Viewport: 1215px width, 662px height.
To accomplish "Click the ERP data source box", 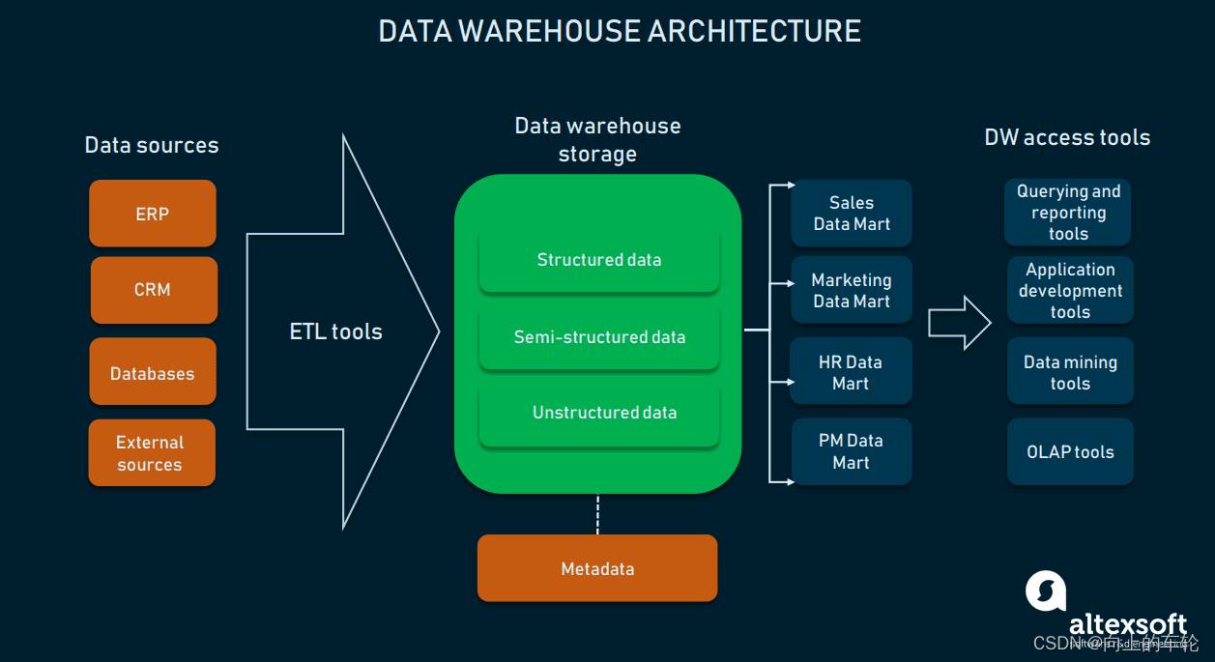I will pyautogui.click(x=152, y=214).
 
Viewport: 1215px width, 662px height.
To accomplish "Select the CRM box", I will pyautogui.click(x=152, y=289).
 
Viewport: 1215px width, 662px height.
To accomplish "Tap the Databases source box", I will pyautogui.click(x=152, y=372).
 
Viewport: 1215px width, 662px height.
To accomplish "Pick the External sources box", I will pyautogui.click(x=151, y=452).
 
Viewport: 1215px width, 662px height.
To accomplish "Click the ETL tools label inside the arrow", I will pyautogui.click(x=335, y=331).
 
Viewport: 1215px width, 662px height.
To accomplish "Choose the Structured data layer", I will pyautogui.click(x=599, y=260).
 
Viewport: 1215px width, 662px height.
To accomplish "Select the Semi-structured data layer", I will pyautogui.click(x=599, y=337).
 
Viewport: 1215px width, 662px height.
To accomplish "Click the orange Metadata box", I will pyautogui.click(x=597, y=568).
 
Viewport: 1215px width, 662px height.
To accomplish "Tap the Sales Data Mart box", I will pyautogui.click(x=852, y=213).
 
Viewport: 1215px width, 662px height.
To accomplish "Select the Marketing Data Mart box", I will pyautogui.click(x=852, y=290).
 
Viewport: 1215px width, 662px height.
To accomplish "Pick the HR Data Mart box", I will pyautogui.click(x=851, y=371).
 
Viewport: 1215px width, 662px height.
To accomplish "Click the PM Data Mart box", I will pyautogui.click(x=851, y=450).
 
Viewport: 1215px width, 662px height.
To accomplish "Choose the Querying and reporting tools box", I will pyautogui.click(x=1068, y=213).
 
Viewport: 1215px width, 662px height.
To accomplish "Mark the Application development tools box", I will pyautogui.click(x=1070, y=290).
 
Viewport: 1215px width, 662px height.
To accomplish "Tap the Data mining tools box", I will pyautogui.click(x=1070, y=372).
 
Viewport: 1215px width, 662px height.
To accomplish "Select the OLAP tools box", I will pyautogui.click(x=1070, y=451).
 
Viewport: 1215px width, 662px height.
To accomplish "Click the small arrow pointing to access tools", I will pyautogui.click(x=960, y=323).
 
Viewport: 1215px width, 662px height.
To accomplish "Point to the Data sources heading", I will pyautogui.click(x=152, y=145).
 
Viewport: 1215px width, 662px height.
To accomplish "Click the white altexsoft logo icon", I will pyautogui.click(x=1045, y=590).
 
